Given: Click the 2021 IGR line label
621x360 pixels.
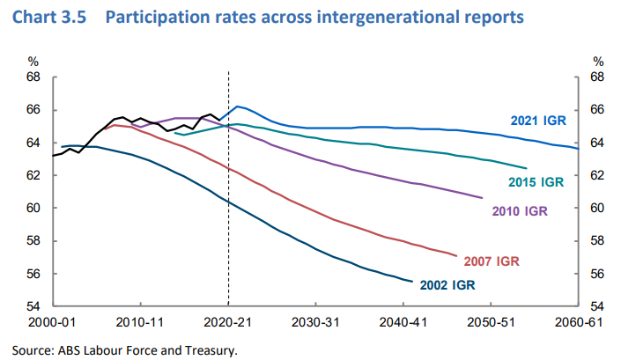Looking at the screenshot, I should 536,121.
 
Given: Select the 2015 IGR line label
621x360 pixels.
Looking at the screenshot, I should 536,182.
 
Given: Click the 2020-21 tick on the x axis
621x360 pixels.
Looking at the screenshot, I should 227,321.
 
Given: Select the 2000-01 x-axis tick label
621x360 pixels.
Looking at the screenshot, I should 55,321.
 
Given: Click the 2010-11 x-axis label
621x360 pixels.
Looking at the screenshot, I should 141,321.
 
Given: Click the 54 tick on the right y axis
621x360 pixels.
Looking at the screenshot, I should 597,306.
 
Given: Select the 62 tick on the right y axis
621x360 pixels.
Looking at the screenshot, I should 597,176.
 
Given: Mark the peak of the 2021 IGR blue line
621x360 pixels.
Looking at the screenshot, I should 239,107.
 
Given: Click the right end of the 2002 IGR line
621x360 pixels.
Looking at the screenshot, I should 412,282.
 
